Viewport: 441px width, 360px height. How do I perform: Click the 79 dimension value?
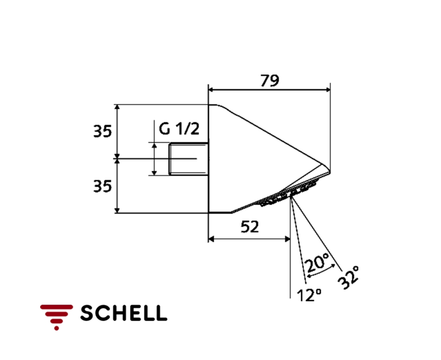tap(270, 81)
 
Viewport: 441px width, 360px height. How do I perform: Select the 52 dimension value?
tap(250, 227)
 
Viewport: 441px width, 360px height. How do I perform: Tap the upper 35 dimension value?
tap(102, 132)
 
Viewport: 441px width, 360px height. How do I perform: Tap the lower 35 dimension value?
tap(102, 186)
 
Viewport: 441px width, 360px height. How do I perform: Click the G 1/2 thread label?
tap(179, 129)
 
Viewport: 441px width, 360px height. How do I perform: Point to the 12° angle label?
tap(309, 294)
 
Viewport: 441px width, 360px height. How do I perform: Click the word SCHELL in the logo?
tap(124, 313)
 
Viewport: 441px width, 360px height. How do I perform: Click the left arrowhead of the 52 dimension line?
tap(211, 239)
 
